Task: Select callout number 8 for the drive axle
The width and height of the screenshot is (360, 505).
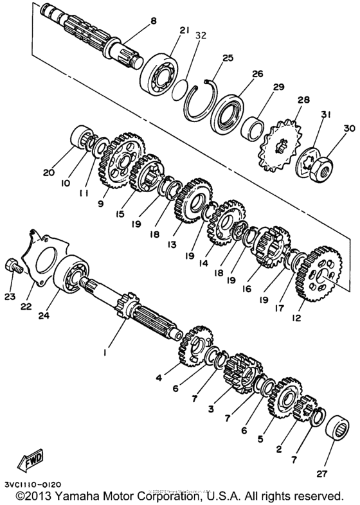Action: pos(153,21)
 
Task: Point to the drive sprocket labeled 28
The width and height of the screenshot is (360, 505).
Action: pos(281,138)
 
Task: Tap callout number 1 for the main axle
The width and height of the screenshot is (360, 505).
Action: pos(106,351)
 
